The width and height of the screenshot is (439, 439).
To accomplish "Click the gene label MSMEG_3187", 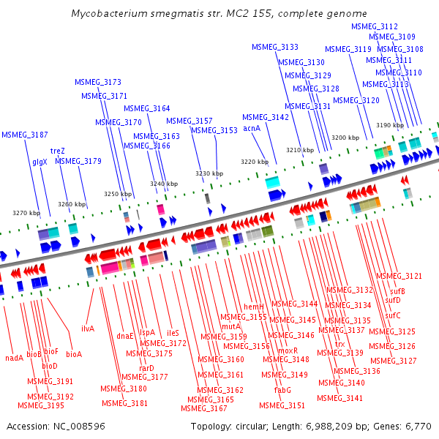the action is click(x=25, y=135).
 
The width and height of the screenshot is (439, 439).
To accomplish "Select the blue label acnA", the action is click(x=252, y=128).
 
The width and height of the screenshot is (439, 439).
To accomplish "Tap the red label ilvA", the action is click(x=88, y=329).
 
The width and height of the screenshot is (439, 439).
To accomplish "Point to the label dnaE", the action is click(x=125, y=336).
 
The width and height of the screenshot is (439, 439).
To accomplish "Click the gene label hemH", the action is click(x=254, y=307).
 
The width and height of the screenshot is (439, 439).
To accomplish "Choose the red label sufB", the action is click(x=397, y=291).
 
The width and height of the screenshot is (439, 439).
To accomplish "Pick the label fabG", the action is click(x=282, y=390).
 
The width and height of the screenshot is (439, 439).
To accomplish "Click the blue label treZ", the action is click(x=57, y=151).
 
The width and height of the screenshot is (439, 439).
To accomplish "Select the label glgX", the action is click(x=40, y=162).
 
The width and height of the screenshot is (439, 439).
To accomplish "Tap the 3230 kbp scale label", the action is click(x=209, y=173).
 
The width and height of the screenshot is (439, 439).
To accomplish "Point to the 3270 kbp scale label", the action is click(x=26, y=213).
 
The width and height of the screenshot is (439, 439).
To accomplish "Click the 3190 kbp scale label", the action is click(x=390, y=125).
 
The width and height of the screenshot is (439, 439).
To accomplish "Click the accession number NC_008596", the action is click(x=79, y=427).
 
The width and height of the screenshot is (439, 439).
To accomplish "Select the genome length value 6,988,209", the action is click(x=329, y=427).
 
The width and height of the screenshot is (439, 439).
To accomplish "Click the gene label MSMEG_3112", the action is click(x=375, y=26).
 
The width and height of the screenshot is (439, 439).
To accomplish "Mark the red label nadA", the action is click(x=15, y=358).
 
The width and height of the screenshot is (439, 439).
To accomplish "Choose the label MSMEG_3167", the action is click(x=204, y=409).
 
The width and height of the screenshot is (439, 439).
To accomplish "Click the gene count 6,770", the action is click(x=419, y=427).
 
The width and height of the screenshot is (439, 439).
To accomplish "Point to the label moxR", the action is click(x=288, y=350).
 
